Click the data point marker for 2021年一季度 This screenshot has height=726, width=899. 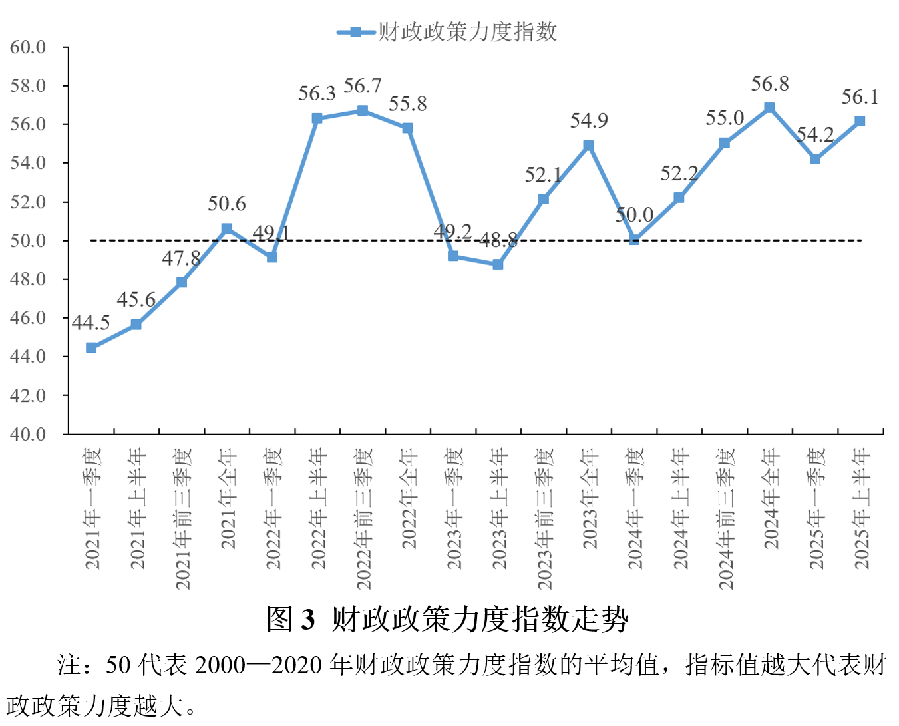click(x=91, y=347)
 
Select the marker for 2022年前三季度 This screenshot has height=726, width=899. click(x=363, y=110)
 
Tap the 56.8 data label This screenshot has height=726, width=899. click(x=770, y=84)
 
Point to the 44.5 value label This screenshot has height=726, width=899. click(x=91, y=323)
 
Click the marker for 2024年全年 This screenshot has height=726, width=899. click(x=769, y=108)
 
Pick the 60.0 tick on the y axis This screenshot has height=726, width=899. click(x=28, y=47)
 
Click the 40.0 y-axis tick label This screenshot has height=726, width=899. click(x=28, y=434)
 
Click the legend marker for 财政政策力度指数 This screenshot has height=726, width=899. click(x=356, y=32)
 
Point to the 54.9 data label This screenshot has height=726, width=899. click(x=589, y=120)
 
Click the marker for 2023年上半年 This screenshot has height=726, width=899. click(x=498, y=264)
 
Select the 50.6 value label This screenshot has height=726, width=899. click(x=227, y=204)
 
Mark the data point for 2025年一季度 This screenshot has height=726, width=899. click(x=815, y=159)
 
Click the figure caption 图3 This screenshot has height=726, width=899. click(x=290, y=619)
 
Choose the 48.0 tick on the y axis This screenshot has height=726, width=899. click(x=28, y=279)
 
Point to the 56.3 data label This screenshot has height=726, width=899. click(x=317, y=94)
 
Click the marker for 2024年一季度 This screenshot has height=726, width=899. click(x=634, y=240)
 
